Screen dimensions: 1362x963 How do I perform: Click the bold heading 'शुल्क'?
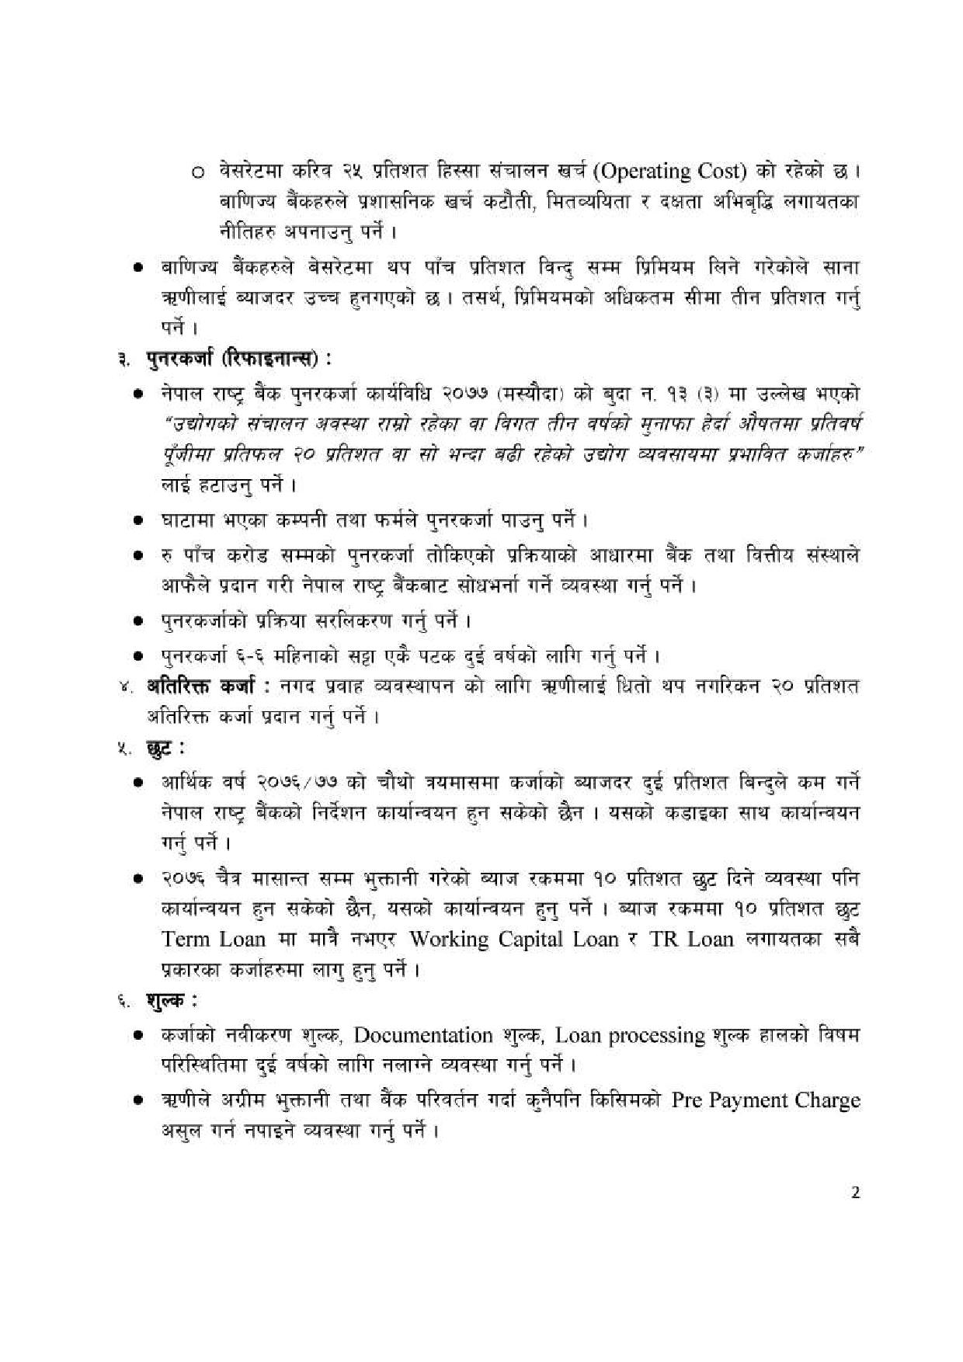point(165,1002)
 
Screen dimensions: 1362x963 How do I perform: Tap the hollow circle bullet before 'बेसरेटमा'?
point(197,172)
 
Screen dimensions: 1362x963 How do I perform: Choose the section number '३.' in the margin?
point(123,360)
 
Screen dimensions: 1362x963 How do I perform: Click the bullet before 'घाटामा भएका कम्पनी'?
point(138,520)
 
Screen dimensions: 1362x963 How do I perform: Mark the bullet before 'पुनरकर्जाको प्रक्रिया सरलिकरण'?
point(138,621)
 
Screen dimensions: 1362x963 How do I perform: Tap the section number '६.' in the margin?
point(123,1002)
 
